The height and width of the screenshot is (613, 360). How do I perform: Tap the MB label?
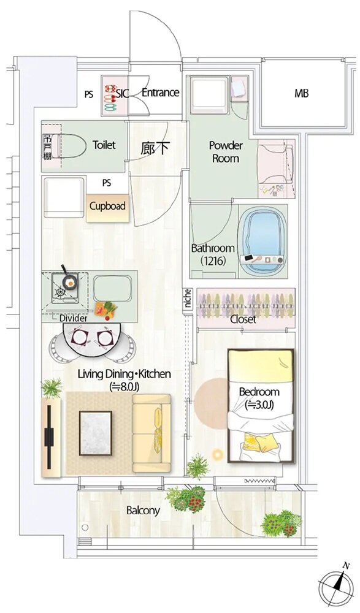coord(301,93)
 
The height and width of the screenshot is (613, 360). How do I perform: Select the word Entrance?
coord(161,93)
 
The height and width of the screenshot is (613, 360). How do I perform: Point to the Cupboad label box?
coord(107,206)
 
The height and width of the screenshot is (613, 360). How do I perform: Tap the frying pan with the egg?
coord(68,278)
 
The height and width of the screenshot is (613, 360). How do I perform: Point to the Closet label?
coord(243,319)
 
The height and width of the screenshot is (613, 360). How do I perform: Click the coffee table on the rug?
coord(96,433)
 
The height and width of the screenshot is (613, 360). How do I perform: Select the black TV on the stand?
coord(49,436)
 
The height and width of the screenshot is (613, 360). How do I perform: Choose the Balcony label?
coord(143,511)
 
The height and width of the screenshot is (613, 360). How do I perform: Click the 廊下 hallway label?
coord(155,148)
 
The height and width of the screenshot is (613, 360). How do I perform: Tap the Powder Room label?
coord(226,152)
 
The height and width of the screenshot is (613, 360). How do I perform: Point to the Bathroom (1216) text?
coord(213,254)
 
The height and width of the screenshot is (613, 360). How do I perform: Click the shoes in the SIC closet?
coord(111,95)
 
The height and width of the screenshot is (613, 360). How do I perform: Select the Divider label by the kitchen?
coord(73,318)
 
